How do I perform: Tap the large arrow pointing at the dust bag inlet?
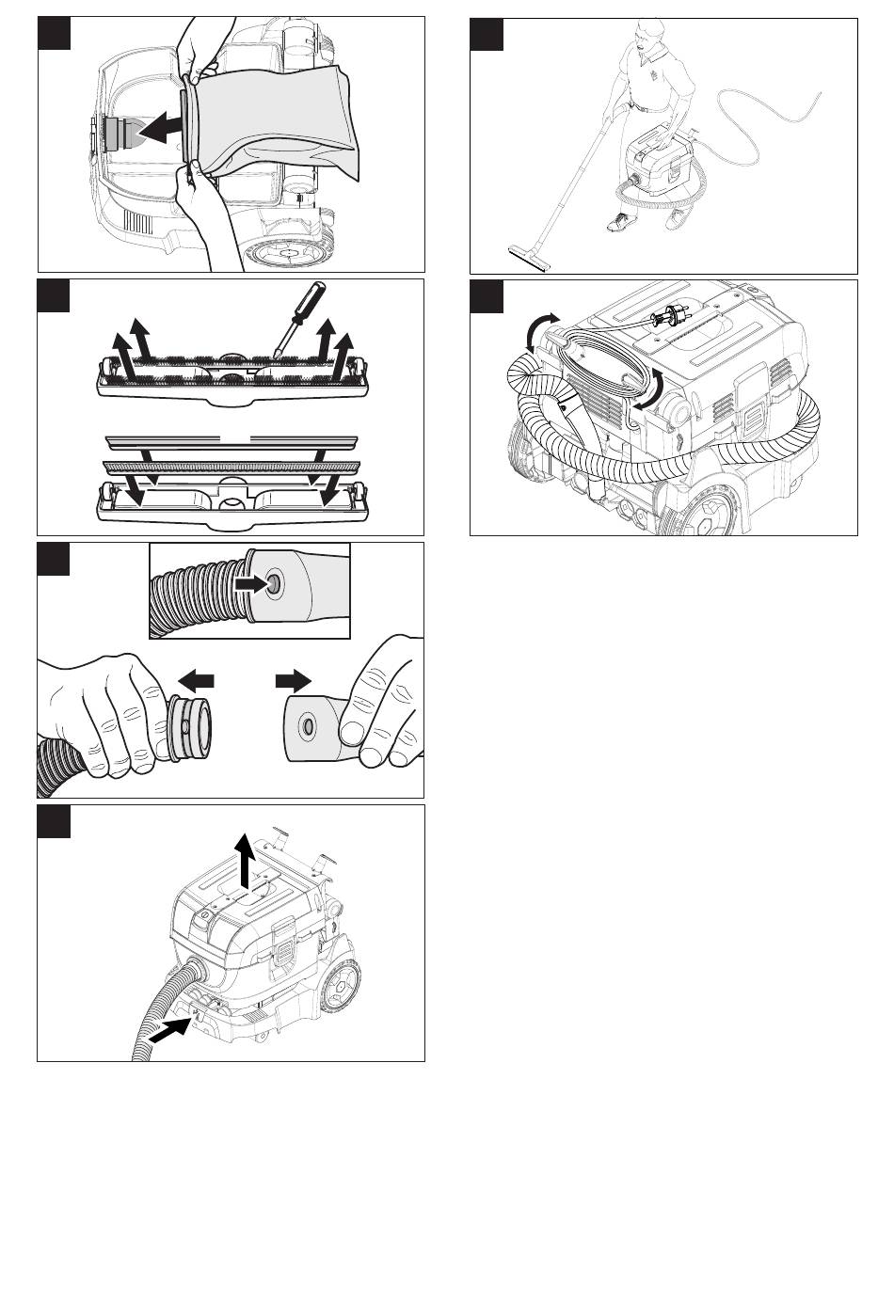click(x=162, y=126)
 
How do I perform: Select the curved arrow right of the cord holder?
click(x=651, y=387)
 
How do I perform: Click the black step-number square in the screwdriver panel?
click(x=54, y=296)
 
